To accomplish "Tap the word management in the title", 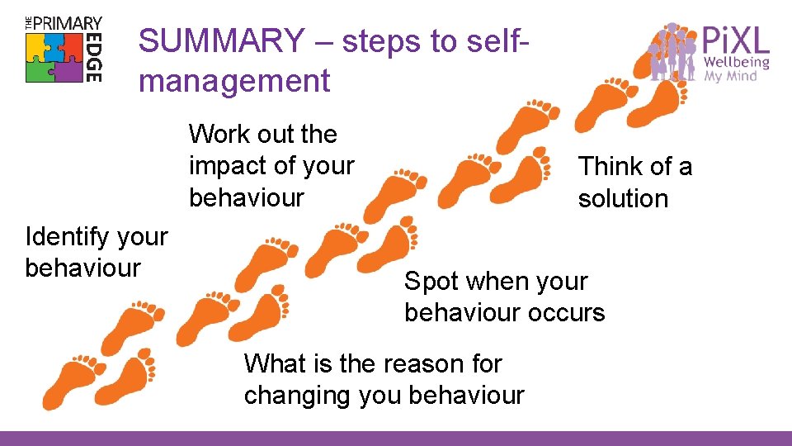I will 234,81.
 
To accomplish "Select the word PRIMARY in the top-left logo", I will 69,23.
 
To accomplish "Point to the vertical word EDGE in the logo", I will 93,58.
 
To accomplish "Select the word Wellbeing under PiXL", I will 736,62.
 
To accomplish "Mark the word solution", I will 623,199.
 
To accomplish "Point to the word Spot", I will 431,282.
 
